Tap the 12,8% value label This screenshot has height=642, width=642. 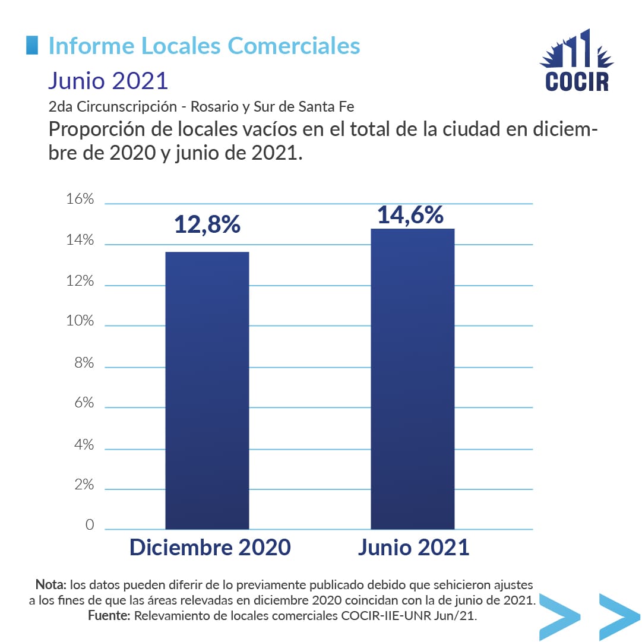[207, 224]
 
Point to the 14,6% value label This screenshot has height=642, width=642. [410, 214]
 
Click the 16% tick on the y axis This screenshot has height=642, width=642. [80, 199]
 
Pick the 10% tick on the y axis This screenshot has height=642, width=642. [80, 321]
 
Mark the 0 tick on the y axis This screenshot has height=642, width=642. [89, 525]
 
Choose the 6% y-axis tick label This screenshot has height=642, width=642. [83, 403]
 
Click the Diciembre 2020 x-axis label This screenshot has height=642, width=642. [210, 547]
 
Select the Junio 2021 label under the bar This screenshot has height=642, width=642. [413, 547]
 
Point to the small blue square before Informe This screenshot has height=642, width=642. [32, 45]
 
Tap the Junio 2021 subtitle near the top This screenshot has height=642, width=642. [108, 80]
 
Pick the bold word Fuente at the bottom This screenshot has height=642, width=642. [109, 616]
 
